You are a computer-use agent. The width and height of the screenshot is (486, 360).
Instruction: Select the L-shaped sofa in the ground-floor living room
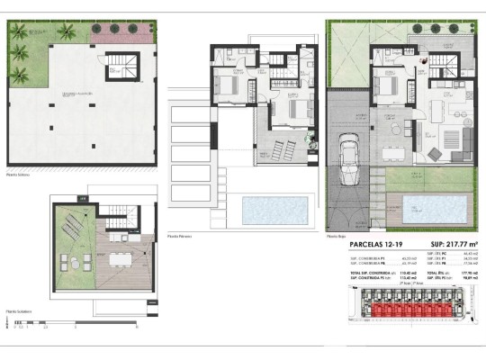click(x=464, y=138)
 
